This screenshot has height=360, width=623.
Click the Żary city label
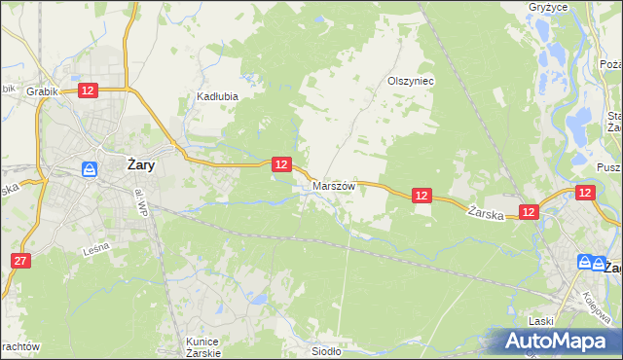click(x=138, y=165)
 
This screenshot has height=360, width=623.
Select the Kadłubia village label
click(x=217, y=96)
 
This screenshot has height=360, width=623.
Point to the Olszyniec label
click(x=410, y=82)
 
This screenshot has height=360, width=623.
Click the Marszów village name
click(x=334, y=185)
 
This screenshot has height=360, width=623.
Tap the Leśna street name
click(x=95, y=249)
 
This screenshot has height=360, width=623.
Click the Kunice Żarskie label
click(x=203, y=347)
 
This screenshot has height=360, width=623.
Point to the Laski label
click(x=541, y=321)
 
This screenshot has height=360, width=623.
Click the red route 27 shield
click(x=21, y=261)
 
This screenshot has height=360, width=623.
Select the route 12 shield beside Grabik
click(x=88, y=90)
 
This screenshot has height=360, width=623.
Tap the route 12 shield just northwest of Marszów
click(x=280, y=165)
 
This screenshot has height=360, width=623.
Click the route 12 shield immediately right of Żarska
click(x=529, y=211)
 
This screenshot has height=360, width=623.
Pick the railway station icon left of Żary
click(x=90, y=168)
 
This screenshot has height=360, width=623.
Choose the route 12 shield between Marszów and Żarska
click(x=421, y=196)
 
